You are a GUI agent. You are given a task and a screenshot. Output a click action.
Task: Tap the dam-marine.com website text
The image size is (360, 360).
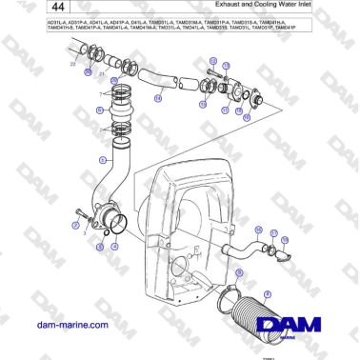[70, 324]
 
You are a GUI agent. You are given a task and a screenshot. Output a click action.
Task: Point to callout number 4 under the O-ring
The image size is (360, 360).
[114, 244]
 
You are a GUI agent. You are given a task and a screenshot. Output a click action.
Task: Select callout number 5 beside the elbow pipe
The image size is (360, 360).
[104, 160]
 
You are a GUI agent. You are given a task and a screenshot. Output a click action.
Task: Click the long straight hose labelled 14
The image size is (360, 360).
[152, 79]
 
